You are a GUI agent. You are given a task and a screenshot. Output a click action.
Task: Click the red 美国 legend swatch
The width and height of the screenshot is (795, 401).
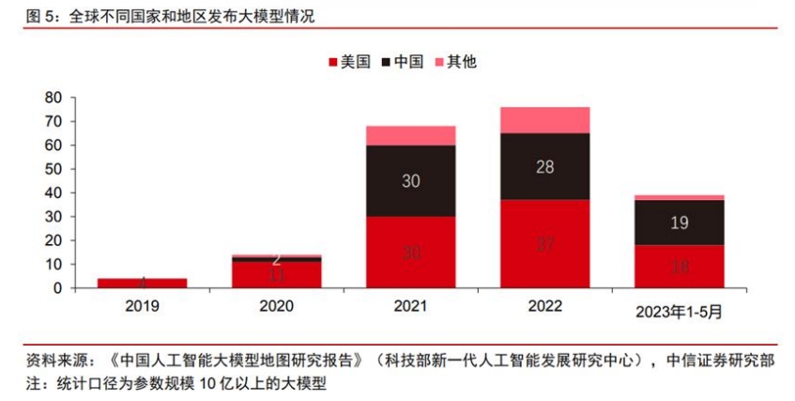pos(332,63)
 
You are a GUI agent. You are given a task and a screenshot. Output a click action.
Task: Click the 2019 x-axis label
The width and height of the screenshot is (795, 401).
pos(143,306)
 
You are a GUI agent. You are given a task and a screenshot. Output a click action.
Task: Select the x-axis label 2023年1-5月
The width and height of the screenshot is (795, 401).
pos(679,307)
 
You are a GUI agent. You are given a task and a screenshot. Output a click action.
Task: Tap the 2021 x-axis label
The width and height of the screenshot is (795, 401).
pos(411,306)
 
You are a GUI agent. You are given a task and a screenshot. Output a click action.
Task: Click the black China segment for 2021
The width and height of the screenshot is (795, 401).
pos(411,180)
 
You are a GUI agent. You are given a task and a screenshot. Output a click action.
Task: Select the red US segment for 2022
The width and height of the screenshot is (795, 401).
pos(544,244)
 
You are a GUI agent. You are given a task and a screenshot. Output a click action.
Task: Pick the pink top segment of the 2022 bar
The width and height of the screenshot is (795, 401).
pos(544,120)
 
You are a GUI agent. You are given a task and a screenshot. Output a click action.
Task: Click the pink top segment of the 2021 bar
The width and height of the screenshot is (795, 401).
pos(411,135)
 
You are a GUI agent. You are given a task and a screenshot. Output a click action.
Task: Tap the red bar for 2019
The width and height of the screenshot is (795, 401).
pos(143,283)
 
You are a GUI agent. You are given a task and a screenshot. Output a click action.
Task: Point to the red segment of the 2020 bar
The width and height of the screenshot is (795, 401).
pos(277,274)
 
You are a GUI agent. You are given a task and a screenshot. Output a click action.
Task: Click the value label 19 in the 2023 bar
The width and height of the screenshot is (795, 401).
pos(679,223)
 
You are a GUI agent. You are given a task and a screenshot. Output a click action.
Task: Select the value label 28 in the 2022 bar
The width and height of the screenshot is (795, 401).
pos(544,166)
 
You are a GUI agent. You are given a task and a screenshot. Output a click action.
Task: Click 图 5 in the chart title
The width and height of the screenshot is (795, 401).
pos(35,15)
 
